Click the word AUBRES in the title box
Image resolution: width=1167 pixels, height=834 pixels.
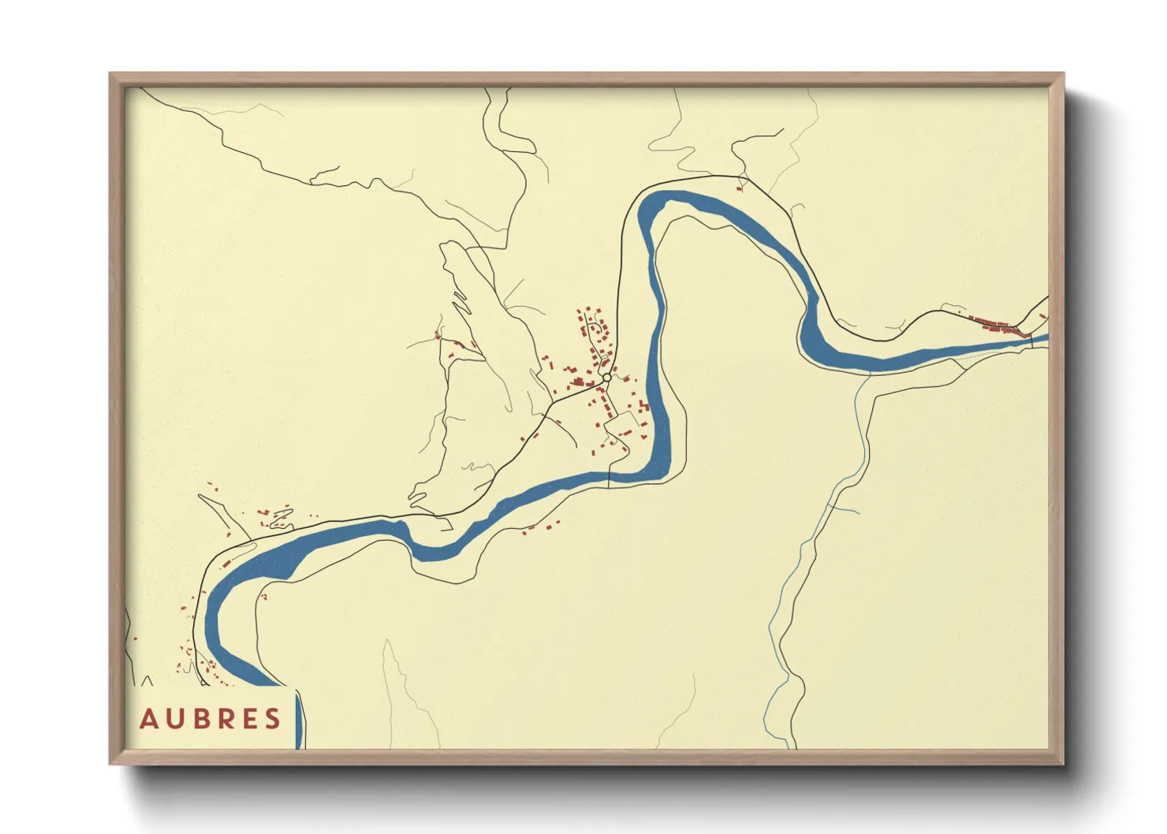pos(211,719)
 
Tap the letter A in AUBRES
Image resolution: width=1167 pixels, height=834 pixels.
pos(148,719)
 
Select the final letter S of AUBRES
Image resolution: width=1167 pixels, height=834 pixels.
pos(273,719)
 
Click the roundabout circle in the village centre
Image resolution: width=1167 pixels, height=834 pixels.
pos(606,378)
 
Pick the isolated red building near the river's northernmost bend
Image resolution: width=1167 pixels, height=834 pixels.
pos(740,188)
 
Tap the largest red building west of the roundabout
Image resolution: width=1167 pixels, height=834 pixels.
pos(578,382)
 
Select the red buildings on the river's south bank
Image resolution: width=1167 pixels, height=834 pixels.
pos(540,527)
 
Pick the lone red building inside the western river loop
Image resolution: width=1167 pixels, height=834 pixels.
pos(264,597)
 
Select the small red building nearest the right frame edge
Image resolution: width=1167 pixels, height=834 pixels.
pos(1042,317)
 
